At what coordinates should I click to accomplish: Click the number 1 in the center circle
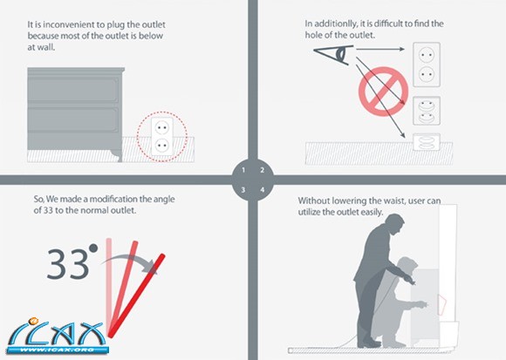(243, 170)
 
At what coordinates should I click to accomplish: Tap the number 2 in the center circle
(263, 170)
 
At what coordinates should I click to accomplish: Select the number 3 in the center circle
(243, 190)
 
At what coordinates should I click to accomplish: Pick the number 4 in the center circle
(263, 190)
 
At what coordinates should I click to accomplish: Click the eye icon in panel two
(334, 54)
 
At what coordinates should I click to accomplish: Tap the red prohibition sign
(383, 92)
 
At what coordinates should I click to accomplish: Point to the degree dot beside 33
(93, 248)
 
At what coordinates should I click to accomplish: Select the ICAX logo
(58, 336)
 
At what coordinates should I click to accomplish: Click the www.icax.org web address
(58, 350)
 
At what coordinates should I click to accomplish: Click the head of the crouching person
(407, 266)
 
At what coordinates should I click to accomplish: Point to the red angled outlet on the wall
(441, 304)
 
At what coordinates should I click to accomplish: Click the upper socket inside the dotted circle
(162, 128)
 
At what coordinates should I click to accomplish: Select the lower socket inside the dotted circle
(162, 146)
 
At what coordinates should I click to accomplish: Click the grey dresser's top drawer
(73, 91)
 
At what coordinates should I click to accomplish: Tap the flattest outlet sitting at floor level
(427, 142)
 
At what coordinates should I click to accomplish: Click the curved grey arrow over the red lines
(129, 261)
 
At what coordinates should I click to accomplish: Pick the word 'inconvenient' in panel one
(74, 24)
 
